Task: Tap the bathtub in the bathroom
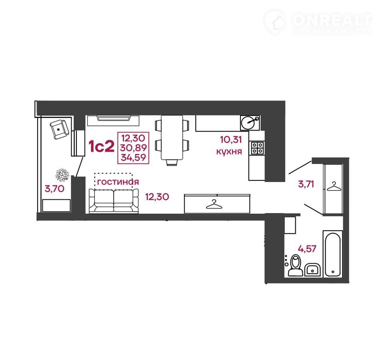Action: click(332, 254)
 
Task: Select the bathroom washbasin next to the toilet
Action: click(312, 270)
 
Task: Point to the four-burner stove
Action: click(257, 148)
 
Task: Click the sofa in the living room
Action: click(114, 201)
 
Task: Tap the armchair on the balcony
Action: click(59, 129)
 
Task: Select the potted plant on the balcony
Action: click(62, 175)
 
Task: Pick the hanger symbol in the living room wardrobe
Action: click(214, 204)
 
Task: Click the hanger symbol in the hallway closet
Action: click(334, 186)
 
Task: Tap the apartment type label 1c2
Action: click(101, 146)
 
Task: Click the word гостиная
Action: click(118, 182)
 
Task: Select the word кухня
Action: click(229, 151)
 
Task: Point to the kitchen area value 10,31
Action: click(231, 140)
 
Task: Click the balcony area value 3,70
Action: click(54, 189)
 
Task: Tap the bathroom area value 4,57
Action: click(307, 249)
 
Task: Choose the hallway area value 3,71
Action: click(306, 184)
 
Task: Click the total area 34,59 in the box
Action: click(134, 157)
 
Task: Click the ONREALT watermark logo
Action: click(318, 22)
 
